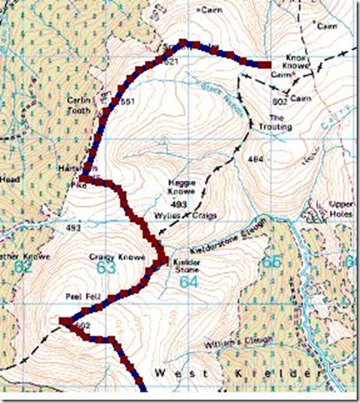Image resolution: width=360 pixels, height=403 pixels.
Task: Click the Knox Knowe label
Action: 290,61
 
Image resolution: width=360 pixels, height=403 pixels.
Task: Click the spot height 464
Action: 246,157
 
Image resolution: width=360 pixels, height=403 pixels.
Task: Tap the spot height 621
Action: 172,62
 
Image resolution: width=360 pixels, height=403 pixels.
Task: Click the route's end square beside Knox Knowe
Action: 264,64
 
